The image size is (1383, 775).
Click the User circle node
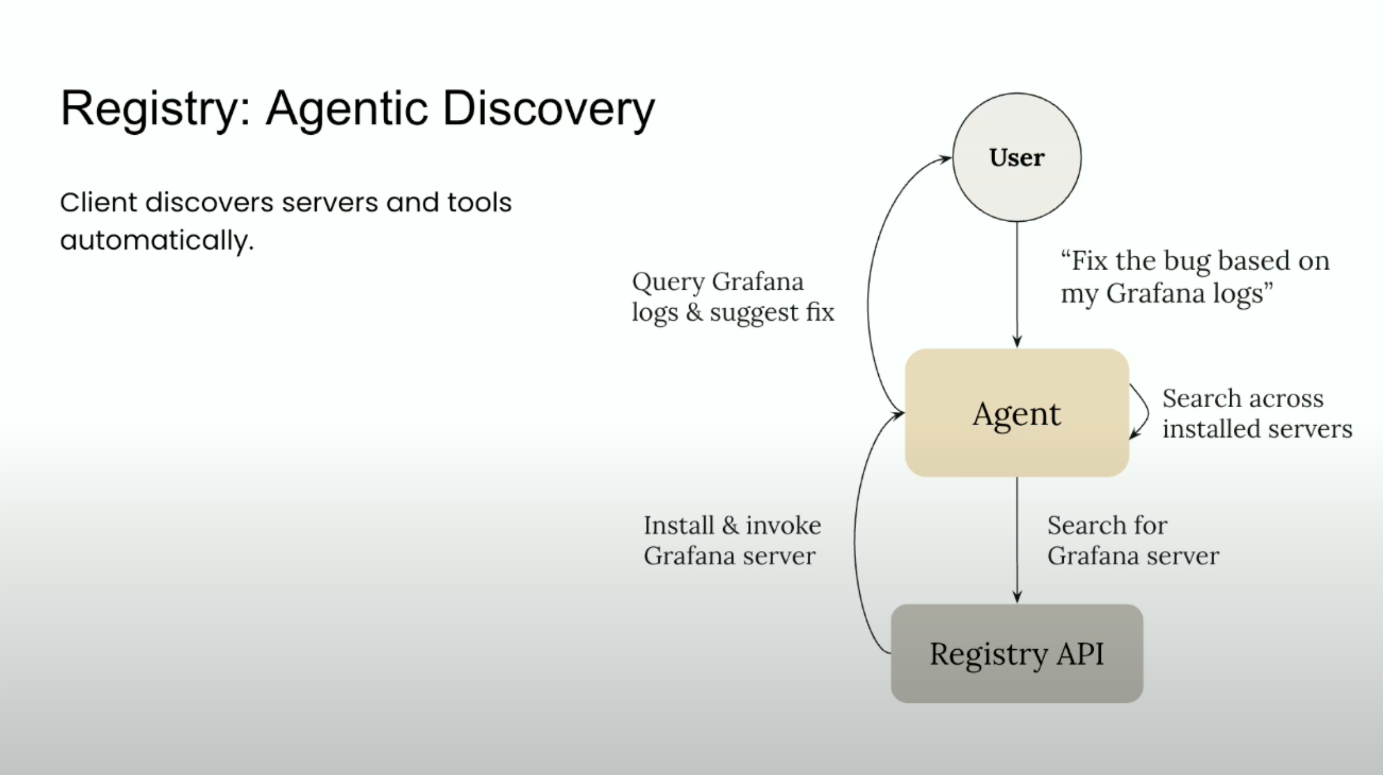[x=1017, y=157]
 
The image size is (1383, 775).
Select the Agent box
[x=1017, y=413]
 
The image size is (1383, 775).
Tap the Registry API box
[x=1017, y=653]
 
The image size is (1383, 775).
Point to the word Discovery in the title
[x=548, y=110]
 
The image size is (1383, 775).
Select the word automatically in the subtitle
[x=156, y=241]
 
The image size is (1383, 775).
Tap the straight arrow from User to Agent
[x=1017, y=283]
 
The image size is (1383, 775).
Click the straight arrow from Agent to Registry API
[x=1017, y=540]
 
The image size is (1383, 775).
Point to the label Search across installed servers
[x=1256, y=413]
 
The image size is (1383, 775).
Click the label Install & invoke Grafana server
[x=731, y=540]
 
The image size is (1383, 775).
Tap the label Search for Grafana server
[x=1132, y=540]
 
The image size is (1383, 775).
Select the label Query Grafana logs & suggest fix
[x=732, y=296]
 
